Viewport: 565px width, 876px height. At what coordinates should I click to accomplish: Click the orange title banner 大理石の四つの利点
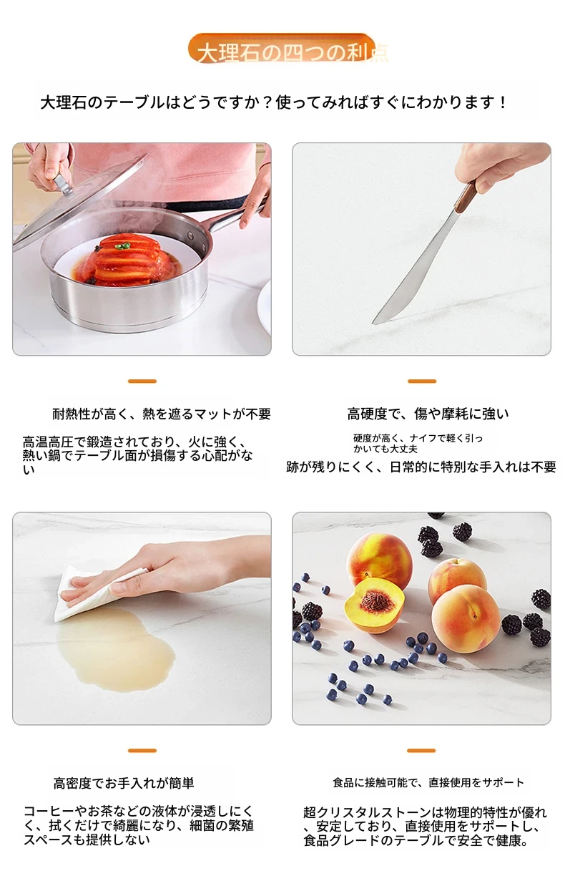pyautogui.click(x=282, y=49)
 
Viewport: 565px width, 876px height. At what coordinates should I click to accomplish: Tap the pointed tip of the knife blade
pyautogui.click(x=373, y=323)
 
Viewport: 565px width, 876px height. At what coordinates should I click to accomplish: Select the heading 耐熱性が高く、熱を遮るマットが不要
pyautogui.click(x=162, y=414)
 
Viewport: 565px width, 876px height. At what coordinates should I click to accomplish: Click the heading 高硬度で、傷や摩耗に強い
pyautogui.click(x=428, y=414)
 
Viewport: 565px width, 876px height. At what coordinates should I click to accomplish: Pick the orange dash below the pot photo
pyautogui.click(x=142, y=381)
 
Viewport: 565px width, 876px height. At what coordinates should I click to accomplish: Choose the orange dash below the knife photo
pyautogui.click(x=421, y=381)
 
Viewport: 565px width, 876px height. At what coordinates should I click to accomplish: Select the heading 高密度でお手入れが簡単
pyautogui.click(x=124, y=783)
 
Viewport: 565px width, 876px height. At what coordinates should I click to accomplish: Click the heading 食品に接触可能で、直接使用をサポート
pyautogui.click(x=428, y=782)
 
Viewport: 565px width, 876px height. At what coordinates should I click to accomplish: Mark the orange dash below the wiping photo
pyautogui.click(x=142, y=751)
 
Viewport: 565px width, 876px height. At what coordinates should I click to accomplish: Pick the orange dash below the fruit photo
pyautogui.click(x=421, y=751)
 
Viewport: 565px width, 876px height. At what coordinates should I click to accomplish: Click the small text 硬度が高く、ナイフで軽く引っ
pyautogui.click(x=418, y=438)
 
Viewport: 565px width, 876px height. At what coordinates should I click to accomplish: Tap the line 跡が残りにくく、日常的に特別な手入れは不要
pyautogui.click(x=421, y=467)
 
